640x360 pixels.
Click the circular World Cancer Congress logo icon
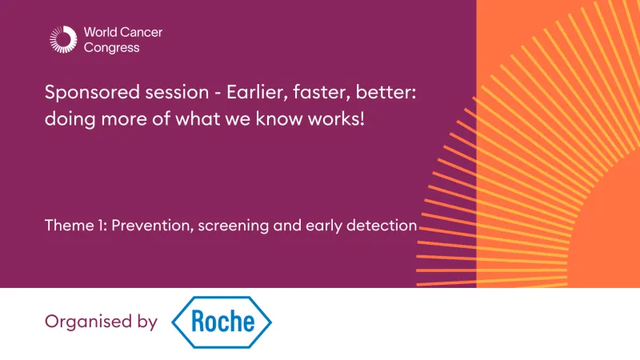tap(62, 40)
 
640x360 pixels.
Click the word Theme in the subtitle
tap(66, 226)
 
